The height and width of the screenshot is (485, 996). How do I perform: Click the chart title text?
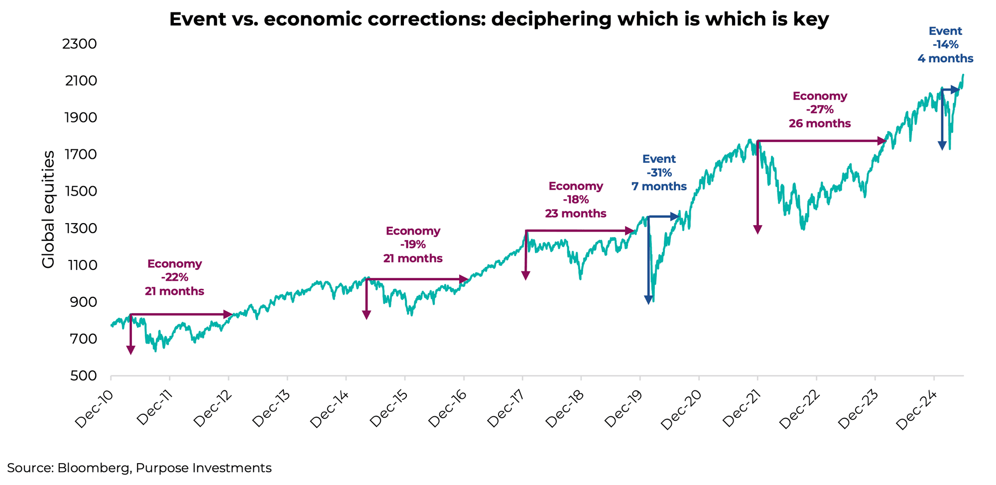499,19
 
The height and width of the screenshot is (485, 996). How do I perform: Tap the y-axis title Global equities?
48,210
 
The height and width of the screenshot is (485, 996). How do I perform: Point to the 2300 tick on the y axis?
79,44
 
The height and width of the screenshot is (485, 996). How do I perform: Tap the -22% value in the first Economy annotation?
174,277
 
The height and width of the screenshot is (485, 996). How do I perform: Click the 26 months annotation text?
820,123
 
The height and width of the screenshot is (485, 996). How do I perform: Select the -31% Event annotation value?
659,173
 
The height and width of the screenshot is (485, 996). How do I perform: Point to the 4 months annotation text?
945,58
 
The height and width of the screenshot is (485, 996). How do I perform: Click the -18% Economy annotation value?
576,200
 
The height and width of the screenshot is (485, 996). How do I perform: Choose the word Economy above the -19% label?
413,231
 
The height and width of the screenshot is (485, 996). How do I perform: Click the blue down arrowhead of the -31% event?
648,300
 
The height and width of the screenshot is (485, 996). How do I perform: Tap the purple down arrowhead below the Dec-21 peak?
757,230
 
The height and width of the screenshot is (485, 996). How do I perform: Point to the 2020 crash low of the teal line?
653,300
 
